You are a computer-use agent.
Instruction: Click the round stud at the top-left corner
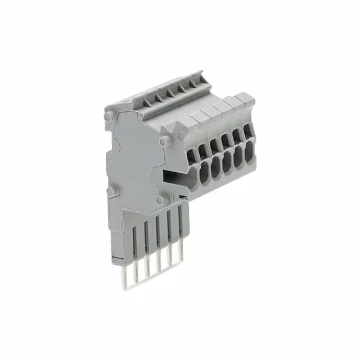(107, 117)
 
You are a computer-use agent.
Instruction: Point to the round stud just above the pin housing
(161, 199)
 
